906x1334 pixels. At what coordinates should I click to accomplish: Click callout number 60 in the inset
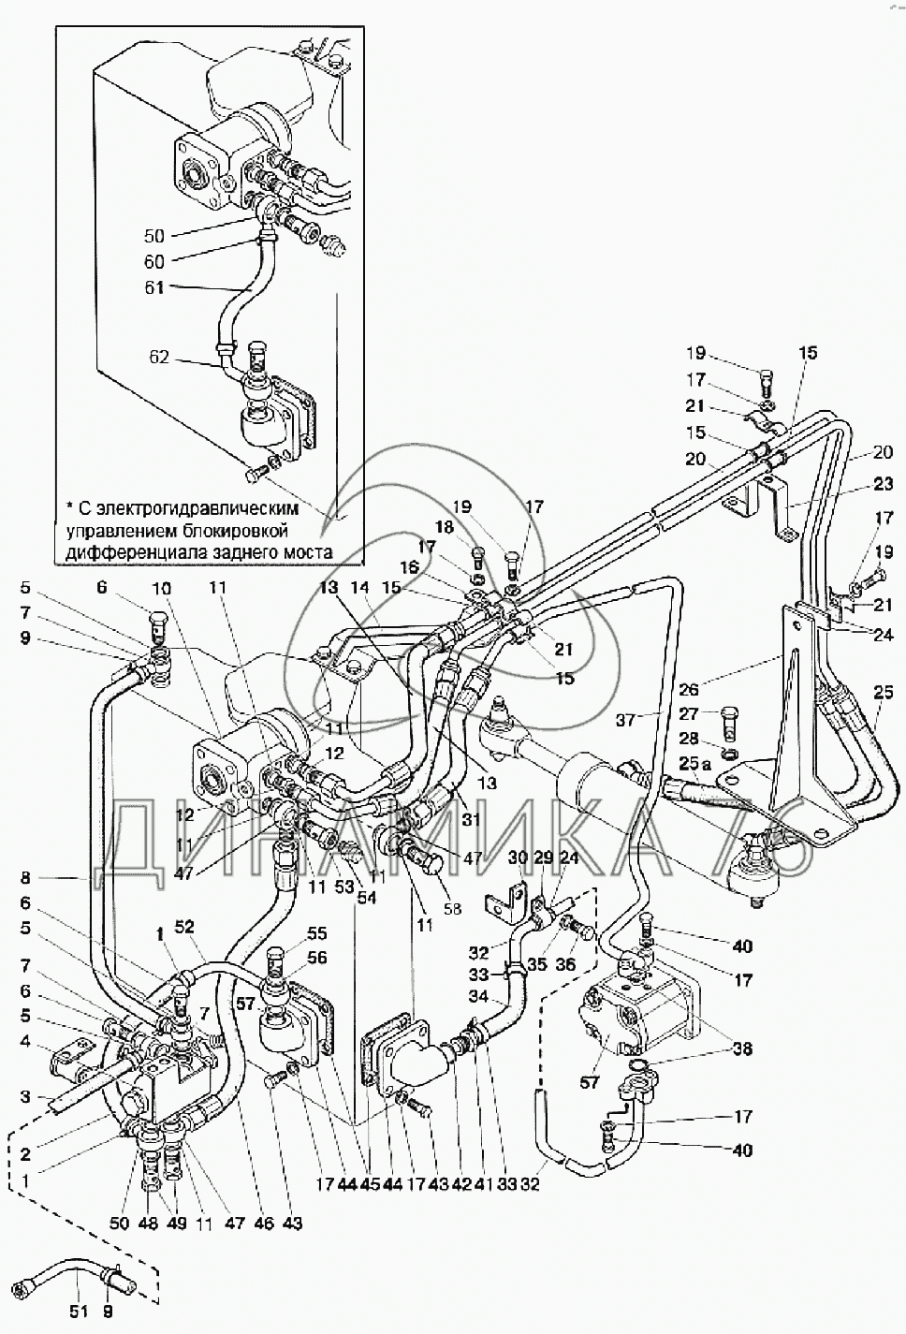pyautogui.click(x=154, y=261)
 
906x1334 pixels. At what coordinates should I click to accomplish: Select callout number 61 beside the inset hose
pyautogui.click(x=154, y=288)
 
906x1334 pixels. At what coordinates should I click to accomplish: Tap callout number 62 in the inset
pyautogui.click(x=161, y=356)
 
